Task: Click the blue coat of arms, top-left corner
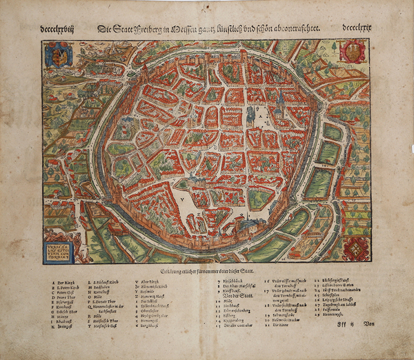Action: [x=58, y=54]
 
